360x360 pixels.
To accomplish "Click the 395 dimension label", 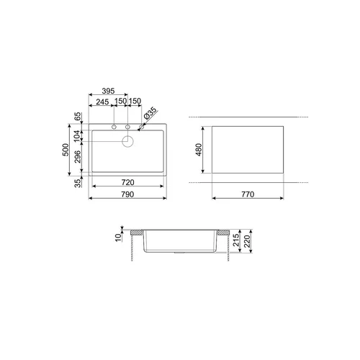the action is (x=108, y=91).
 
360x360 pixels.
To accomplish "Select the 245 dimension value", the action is (x=102, y=102).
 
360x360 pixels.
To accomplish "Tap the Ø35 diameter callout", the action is (x=150, y=113).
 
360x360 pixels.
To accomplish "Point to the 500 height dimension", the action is (x=66, y=150).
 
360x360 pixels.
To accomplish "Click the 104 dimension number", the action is (x=77, y=136).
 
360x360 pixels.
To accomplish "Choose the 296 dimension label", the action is (x=78, y=157).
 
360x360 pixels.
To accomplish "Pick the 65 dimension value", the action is (x=78, y=117).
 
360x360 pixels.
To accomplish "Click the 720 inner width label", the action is (x=127, y=182).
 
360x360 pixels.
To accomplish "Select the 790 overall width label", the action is (x=127, y=194).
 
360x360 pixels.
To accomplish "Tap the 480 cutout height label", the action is (x=199, y=150).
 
